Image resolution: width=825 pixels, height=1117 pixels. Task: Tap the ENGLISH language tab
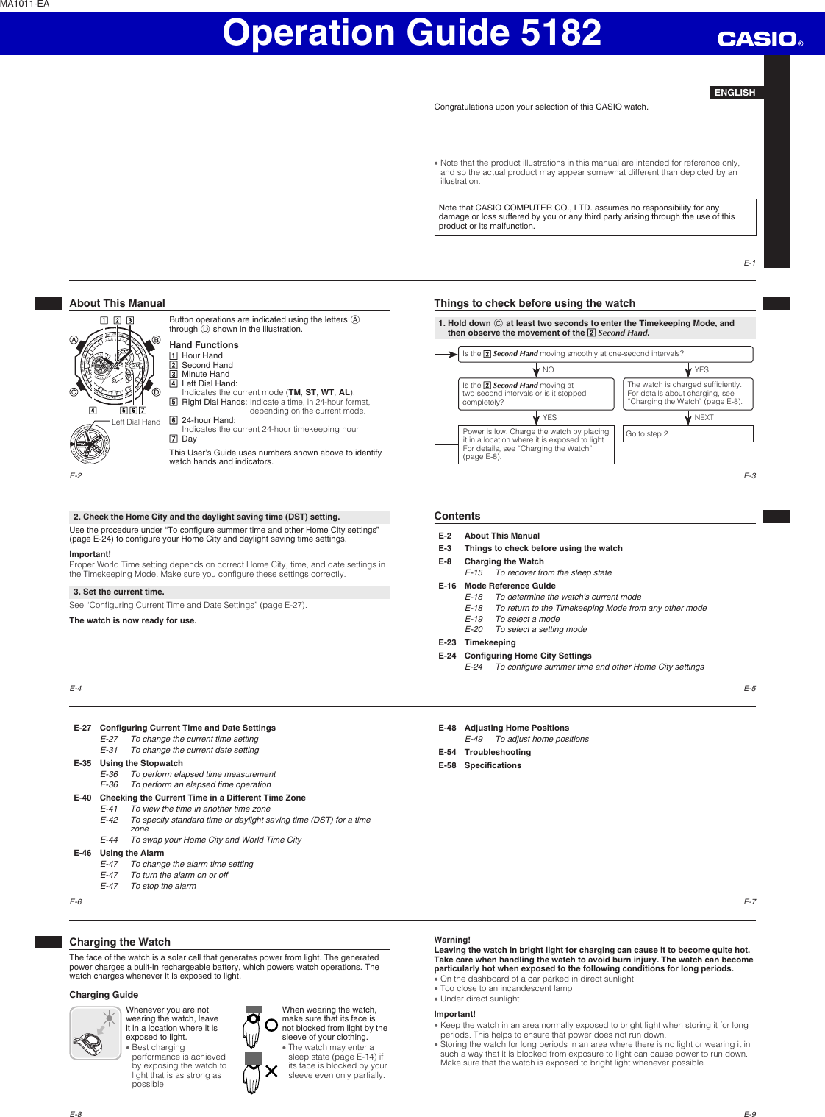point(735,92)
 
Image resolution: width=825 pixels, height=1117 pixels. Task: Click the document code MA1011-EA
point(25,4)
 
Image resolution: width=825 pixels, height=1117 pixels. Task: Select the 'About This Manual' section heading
point(118,303)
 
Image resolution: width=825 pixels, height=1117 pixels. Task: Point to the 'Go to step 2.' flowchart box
point(687,434)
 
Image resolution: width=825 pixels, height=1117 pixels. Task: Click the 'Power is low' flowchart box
point(536,444)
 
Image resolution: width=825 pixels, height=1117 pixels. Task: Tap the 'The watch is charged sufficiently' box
point(687,394)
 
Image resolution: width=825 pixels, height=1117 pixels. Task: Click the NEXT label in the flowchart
point(704,417)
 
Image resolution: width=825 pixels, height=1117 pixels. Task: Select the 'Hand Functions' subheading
point(204,345)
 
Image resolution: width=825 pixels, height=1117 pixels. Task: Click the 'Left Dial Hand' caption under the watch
point(135,422)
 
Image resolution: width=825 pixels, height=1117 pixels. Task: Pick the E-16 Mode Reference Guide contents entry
point(510,586)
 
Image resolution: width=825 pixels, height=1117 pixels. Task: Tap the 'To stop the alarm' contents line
point(163,886)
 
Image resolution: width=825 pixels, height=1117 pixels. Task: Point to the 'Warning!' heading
point(452,940)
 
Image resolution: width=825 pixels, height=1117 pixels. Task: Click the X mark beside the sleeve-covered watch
point(271,1071)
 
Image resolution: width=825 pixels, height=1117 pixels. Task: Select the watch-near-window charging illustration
point(96,1033)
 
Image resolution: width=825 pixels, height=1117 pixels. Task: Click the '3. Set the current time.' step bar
point(229,592)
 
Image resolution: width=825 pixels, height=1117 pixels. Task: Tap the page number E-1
point(749,263)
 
